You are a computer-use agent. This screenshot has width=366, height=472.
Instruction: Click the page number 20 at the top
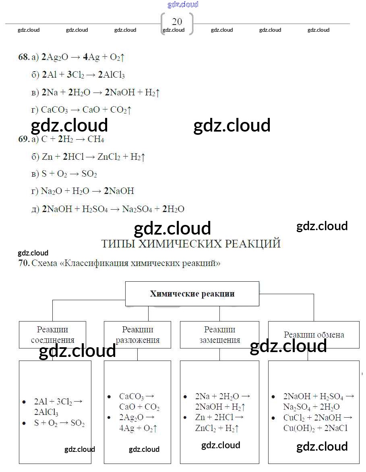pyautogui.click(x=177, y=21)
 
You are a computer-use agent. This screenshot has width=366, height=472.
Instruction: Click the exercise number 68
pyautogui.click(x=24, y=57)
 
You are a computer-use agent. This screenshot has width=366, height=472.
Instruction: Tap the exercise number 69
pyautogui.click(x=24, y=139)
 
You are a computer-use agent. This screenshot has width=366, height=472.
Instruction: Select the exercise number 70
pyautogui.click(x=24, y=263)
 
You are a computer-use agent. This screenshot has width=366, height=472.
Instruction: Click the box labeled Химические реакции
pyautogui.click(x=192, y=294)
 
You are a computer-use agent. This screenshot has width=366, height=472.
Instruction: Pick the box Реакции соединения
pyautogui.click(x=52, y=335)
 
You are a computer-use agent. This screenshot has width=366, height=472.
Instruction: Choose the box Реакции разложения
pyautogui.click(x=137, y=335)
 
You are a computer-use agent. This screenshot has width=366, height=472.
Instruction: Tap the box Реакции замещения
pyautogui.click(x=219, y=335)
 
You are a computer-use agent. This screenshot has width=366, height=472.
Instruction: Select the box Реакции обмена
pyautogui.click(x=314, y=335)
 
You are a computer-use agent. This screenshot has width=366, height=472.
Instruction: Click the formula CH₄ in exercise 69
pyautogui.click(x=96, y=139)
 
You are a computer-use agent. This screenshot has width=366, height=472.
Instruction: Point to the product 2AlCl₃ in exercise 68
pyautogui.click(x=112, y=75)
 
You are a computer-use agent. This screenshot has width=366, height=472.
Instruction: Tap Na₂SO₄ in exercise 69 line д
pyautogui.click(x=137, y=209)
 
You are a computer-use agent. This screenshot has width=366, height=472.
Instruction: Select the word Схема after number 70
pyautogui.click(x=44, y=263)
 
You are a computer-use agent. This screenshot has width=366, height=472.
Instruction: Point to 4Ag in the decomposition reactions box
pyautogui.click(x=126, y=428)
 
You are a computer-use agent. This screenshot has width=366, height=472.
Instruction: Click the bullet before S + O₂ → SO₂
pyautogui.click(x=24, y=423)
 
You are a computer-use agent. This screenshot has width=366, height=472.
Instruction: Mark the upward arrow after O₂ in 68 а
pyautogui.click(x=122, y=57)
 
